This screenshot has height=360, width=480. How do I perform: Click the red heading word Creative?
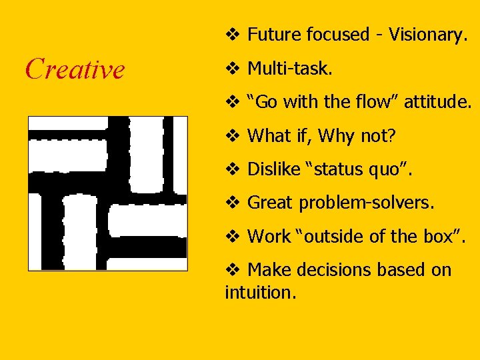(75, 69)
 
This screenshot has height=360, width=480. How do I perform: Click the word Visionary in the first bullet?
(425, 35)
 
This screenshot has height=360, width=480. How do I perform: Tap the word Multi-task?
(289, 68)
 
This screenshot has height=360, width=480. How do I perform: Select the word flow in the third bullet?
(377, 102)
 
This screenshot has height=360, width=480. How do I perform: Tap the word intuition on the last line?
(260, 293)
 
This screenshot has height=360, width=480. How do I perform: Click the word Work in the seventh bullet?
(269, 236)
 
